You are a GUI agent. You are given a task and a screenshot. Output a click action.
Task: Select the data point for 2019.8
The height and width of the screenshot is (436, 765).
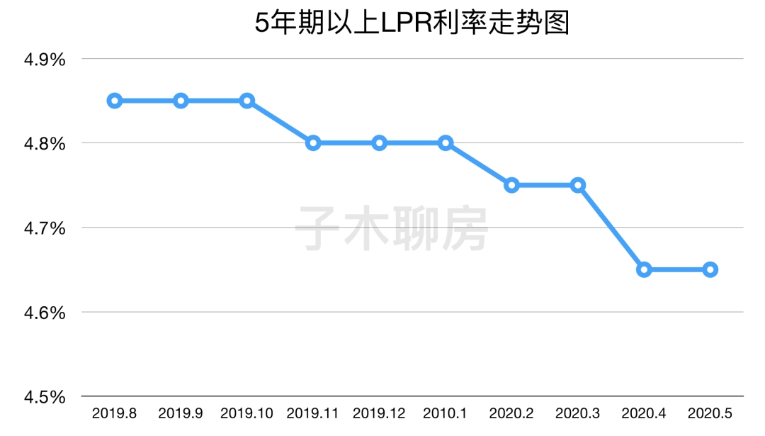pyautogui.click(x=115, y=101)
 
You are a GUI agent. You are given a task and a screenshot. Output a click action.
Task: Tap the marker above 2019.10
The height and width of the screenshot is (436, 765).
pyautogui.click(x=247, y=101)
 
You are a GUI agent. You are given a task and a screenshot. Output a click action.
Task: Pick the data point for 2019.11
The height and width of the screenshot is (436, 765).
pyautogui.click(x=313, y=142)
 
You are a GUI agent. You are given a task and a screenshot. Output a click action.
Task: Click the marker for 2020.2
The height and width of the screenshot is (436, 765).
pyautogui.click(x=512, y=185)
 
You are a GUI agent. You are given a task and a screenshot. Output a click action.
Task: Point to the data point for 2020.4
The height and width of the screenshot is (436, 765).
pyautogui.click(x=644, y=269)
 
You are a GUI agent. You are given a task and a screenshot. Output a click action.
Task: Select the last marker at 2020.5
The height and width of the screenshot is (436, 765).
pyautogui.click(x=710, y=269)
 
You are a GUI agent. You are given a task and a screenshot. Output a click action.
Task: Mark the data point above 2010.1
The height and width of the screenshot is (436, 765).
pyautogui.click(x=446, y=142)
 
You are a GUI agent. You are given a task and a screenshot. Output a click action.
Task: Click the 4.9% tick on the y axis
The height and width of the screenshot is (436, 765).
pyautogui.click(x=45, y=60)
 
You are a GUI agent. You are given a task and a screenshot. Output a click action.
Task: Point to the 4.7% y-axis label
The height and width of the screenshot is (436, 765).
pyautogui.click(x=45, y=228)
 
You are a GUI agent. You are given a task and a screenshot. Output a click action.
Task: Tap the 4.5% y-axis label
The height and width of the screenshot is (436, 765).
pyautogui.click(x=45, y=396)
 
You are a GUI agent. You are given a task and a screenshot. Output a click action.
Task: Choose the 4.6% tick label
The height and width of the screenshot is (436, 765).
pyautogui.click(x=45, y=313)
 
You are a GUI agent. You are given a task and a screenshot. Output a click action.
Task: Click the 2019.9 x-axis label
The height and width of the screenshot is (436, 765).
pyautogui.click(x=181, y=413)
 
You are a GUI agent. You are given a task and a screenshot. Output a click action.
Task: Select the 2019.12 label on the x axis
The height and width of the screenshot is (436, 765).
pyautogui.click(x=379, y=413)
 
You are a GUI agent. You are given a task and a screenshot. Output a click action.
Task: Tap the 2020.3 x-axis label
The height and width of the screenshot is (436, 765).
pyautogui.click(x=578, y=413)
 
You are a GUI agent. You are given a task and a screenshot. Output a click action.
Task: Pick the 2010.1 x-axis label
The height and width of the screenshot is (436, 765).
pyautogui.click(x=446, y=413)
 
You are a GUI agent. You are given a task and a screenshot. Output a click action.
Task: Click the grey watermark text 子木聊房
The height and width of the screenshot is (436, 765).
pyautogui.click(x=392, y=228)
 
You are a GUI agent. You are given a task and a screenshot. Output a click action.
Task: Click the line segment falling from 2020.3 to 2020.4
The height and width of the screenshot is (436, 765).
pyautogui.click(x=611, y=227)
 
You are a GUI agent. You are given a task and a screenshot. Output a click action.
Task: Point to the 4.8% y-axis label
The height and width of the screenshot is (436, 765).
pyautogui.click(x=45, y=144)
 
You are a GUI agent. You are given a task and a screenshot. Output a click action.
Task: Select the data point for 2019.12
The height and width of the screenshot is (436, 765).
pyautogui.click(x=380, y=142)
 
